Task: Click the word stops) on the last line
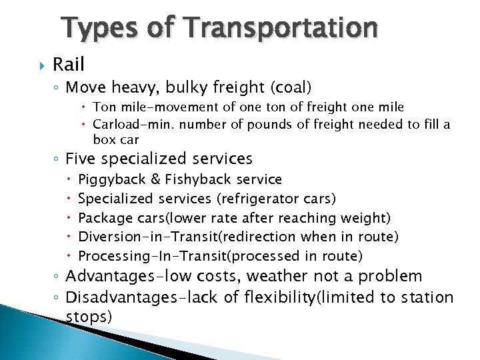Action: pyautogui.click(x=89, y=316)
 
